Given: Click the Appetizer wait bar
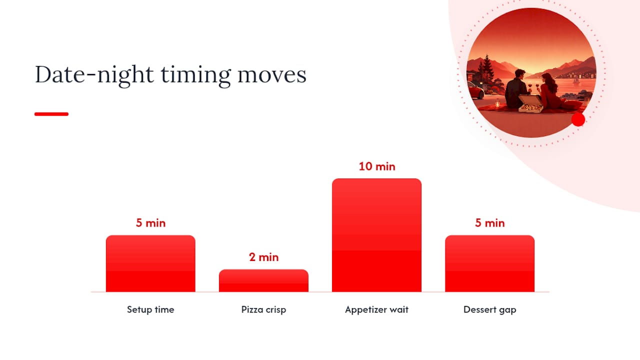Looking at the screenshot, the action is (376, 235).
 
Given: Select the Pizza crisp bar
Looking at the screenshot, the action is (263, 280).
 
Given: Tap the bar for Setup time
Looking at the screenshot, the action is (150, 263).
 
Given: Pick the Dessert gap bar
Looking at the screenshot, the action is (489, 263).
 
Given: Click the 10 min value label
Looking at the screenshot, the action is (377, 166).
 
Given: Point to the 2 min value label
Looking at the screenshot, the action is (263, 257).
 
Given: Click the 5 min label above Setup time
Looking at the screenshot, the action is (150, 223).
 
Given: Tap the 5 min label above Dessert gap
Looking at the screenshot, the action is (489, 223).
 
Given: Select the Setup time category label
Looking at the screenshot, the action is (150, 309).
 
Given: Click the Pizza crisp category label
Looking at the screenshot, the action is (263, 310).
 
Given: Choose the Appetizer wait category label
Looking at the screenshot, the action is (377, 310).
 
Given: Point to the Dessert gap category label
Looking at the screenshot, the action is (489, 310).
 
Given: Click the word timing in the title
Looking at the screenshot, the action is (195, 75).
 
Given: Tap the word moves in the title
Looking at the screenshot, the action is (272, 76).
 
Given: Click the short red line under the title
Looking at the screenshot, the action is (51, 114).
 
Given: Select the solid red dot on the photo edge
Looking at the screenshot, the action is (578, 119).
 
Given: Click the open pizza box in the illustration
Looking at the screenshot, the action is (530, 104).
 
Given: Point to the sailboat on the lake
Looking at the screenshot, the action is (576, 80).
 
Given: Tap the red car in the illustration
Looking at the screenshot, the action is (475, 92).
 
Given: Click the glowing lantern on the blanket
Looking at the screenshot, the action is (497, 103).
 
